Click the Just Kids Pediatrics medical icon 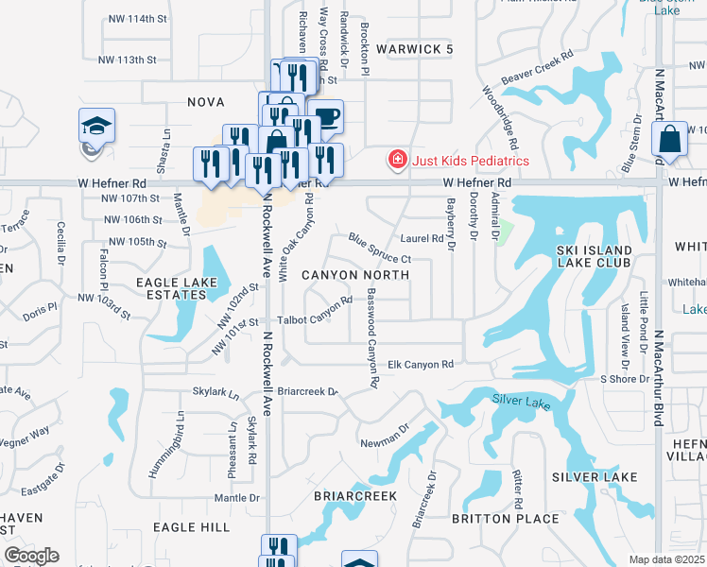398,159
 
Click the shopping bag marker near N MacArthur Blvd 669,138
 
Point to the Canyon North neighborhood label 355,275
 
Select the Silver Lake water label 521,402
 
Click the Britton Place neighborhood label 507,518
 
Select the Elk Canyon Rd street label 422,364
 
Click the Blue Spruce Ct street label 379,249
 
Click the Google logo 31,556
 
